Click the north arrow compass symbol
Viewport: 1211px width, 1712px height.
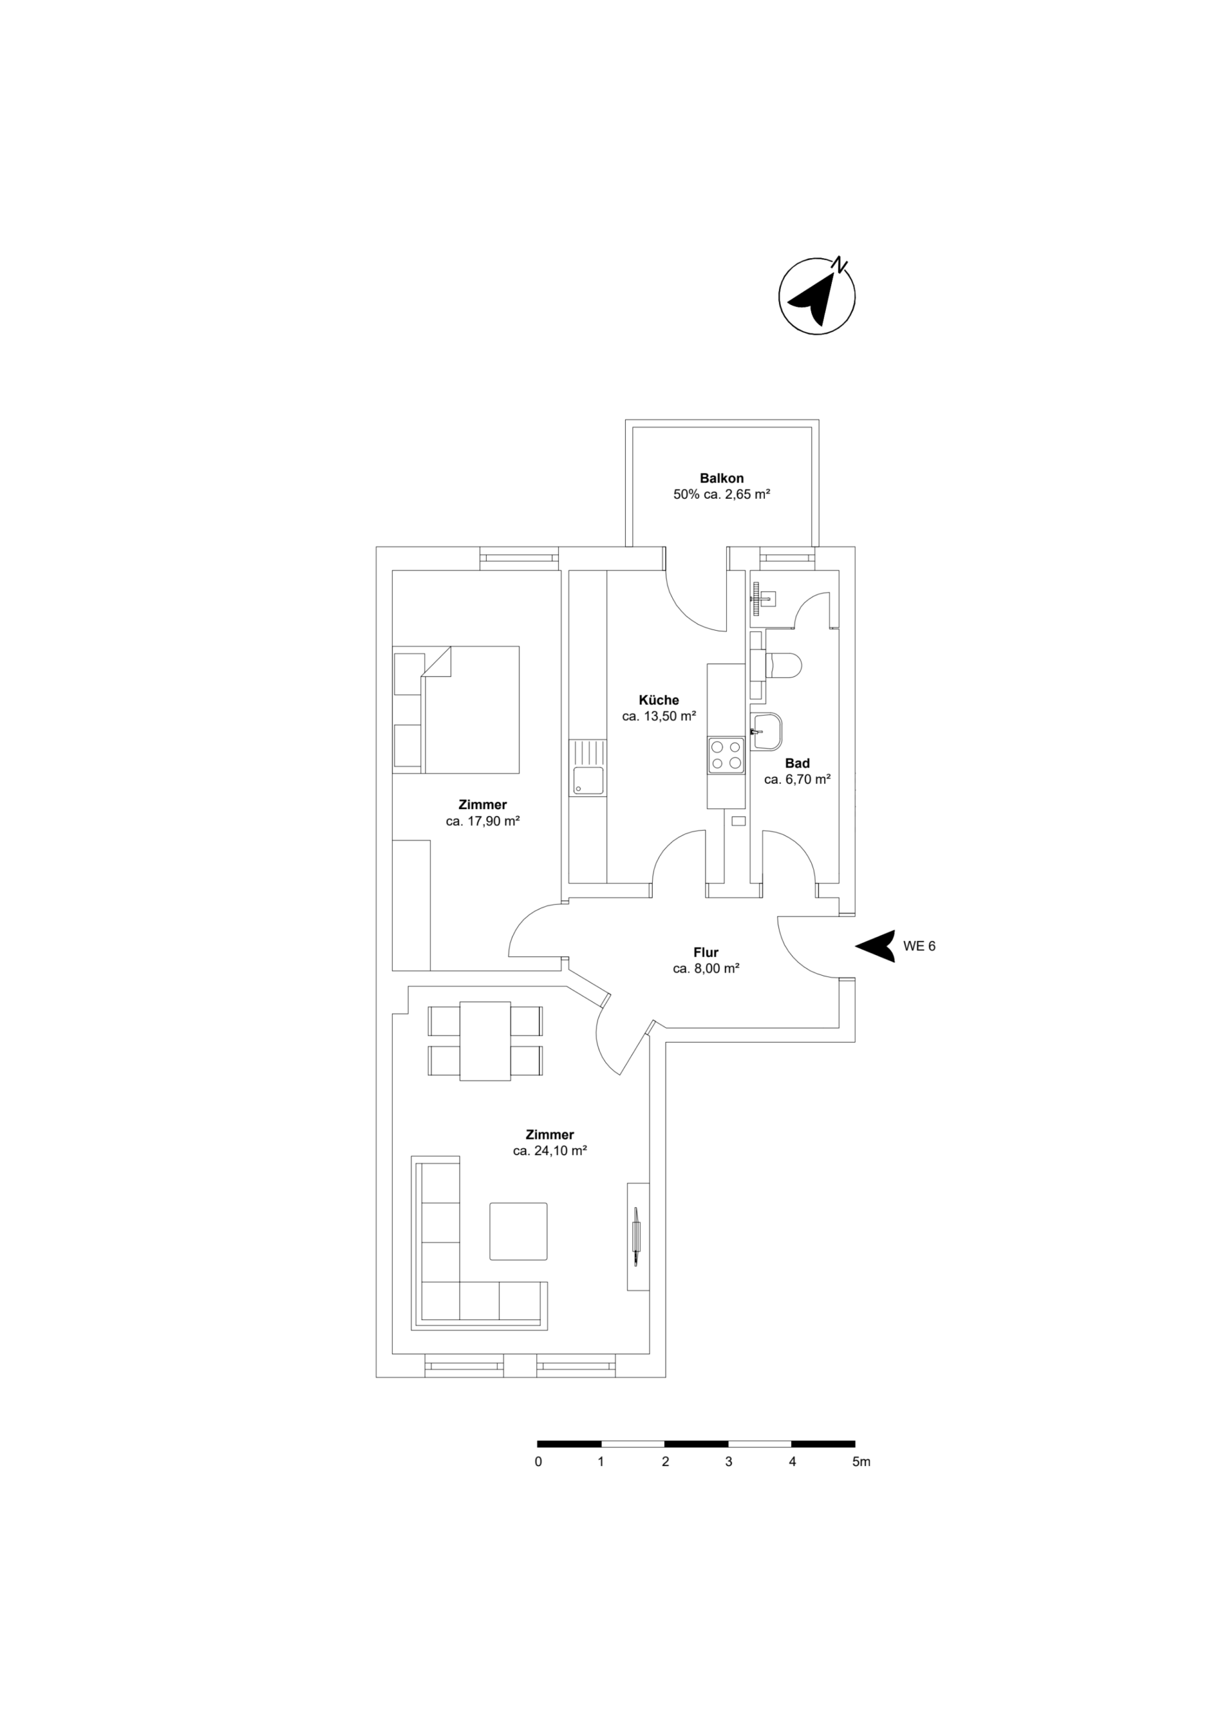pyautogui.click(x=816, y=296)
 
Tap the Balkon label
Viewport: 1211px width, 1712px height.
pyautogui.click(x=721, y=478)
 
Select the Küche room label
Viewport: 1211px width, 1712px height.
pyautogui.click(x=659, y=700)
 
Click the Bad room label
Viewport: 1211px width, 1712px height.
pyautogui.click(x=797, y=763)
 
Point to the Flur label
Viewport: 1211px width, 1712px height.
pyautogui.click(x=705, y=952)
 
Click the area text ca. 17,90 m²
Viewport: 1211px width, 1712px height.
pyautogui.click(x=483, y=821)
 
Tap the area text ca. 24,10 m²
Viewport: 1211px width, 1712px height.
pyautogui.click(x=550, y=1150)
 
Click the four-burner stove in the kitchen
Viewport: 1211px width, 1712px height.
pyautogui.click(x=726, y=754)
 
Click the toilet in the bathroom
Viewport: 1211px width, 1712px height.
pyautogui.click(x=783, y=665)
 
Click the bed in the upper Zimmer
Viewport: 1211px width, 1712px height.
pyautogui.click(x=470, y=709)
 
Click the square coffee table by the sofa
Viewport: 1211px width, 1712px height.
pyautogui.click(x=518, y=1230)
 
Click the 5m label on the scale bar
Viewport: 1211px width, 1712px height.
pyautogui.click(x=861, y=1462)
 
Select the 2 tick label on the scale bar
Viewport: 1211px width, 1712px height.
pyautogui.click(x=665, y=1462)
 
